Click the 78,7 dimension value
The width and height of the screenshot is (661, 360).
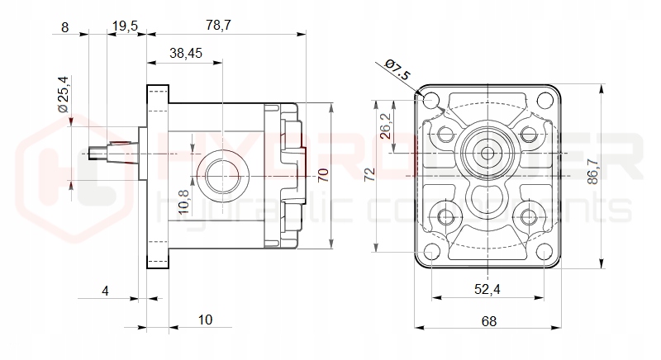coord(217,26)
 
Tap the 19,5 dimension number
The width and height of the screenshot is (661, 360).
coord(124,26)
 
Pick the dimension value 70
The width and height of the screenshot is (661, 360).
coord(323,174)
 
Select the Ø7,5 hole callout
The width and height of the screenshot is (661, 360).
coord(397,71)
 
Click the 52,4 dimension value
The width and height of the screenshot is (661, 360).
coord(487,290)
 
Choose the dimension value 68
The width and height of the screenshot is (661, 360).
coord(489,321)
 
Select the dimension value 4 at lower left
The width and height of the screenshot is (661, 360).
coord(105,290)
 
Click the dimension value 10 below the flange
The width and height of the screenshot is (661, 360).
coord(206,320)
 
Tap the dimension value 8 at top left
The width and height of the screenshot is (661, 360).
coord(65,26)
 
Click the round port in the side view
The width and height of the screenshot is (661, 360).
coord(222,174)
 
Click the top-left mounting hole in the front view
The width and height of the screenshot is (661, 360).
coord(430,101)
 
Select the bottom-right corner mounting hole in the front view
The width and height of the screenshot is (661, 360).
coord(544,252)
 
